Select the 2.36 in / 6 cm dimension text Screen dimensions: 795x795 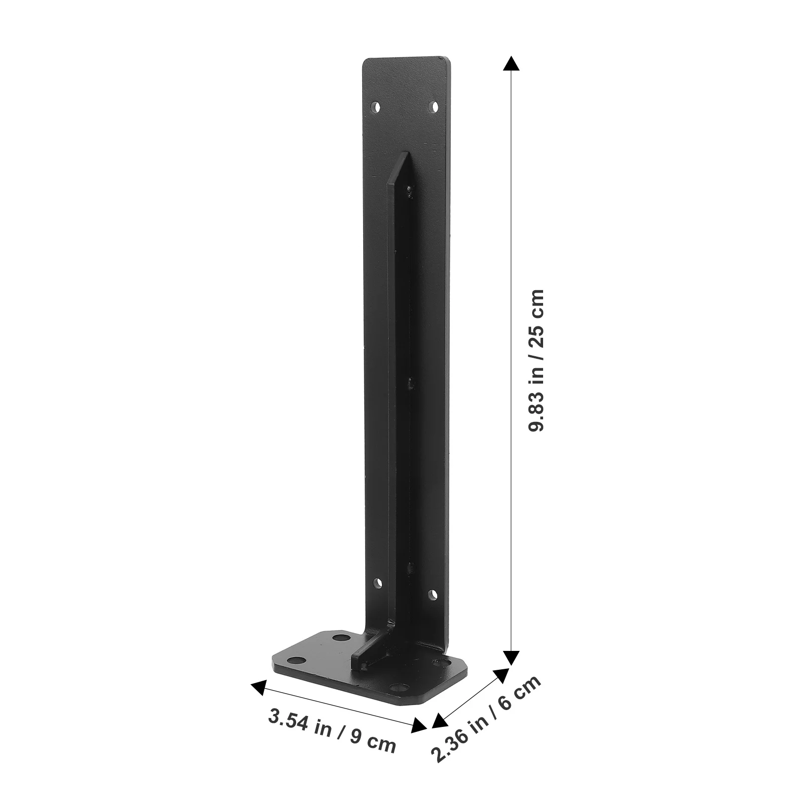486,719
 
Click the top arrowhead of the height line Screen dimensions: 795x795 511,63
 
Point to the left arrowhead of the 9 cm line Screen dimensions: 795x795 258,687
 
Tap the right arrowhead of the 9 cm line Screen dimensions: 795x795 420,727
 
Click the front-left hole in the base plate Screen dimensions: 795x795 297,660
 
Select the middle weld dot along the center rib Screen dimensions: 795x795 411,383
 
